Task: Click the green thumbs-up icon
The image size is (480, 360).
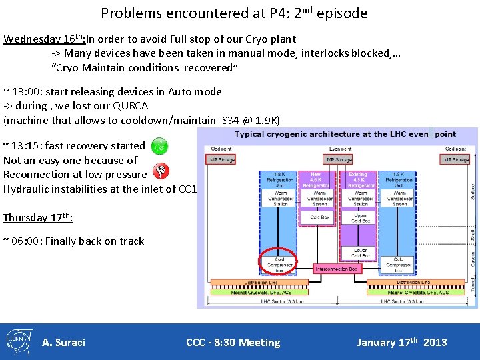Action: (x=159, y=145)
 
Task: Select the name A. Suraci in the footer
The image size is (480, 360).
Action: (x=63, y=343)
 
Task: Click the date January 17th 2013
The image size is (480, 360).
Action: (x=401, y=343)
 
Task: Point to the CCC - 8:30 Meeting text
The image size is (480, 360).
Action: (x=233, y=343)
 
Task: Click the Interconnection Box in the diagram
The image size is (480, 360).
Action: (x=337, y=269)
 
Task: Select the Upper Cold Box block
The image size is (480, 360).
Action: (x=360, y=219)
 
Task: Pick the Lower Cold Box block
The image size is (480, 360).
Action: (x=360, y=253)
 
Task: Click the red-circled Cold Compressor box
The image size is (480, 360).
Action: (x=279, y=265)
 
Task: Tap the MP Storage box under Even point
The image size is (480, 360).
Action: (x=339, y=159)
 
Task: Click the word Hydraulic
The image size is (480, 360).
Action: (x=27, y=189)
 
